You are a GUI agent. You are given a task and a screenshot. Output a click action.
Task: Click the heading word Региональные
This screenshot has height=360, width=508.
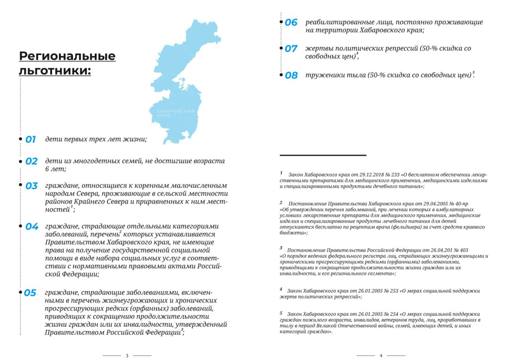pyautogui.click(x=67, y=56)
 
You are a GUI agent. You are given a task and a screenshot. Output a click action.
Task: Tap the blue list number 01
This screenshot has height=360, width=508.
pyautogui.click(x=31, y=139)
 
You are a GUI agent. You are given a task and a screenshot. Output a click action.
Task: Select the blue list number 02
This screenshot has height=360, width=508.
pyautogui.click(x=31, y=161)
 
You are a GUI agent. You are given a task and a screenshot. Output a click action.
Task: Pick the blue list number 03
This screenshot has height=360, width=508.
pyautogui.click(x=31, y=186)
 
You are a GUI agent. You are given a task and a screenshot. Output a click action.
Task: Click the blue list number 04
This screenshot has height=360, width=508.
pyautogui.click(x=32, y=227)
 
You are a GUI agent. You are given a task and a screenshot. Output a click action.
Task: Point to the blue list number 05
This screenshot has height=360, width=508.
pyautogui.click(x=30, y=293)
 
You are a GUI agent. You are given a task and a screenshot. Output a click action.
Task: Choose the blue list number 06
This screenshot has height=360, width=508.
pyautogui.click(x=291, y=22)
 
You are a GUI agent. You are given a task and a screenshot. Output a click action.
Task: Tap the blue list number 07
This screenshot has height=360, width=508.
pyautogui.click(x=291, y=49)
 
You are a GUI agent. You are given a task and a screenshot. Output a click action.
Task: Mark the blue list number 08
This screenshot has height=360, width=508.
pyautogui.click(x=291, y=75)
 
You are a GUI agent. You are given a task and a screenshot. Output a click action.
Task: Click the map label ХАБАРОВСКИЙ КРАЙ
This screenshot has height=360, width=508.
pyautogui.click(x=171, y=114)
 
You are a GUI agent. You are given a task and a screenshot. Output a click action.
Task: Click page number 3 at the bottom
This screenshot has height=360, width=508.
pyautogui.click(x=127, y=355)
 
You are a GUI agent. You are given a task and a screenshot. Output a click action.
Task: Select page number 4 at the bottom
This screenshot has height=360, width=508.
pyautogui.click(x=381, y=355)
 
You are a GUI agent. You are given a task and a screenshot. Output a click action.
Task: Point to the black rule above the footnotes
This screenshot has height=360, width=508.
pyautogui.click(x=323, y=156)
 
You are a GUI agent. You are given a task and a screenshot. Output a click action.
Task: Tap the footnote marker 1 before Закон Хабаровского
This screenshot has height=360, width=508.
pyautogui.click(x=281, y=174)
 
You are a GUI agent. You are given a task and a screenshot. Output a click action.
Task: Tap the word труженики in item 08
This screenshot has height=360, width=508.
pyautogui.click(x=322, y=75)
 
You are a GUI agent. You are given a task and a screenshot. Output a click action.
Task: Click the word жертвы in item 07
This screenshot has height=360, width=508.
pyautogui.click(x=317, y=49)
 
